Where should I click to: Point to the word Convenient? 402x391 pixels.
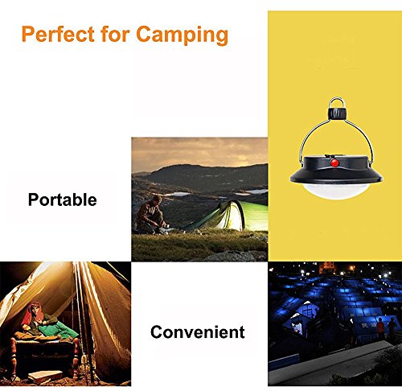[x=197, y=331]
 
